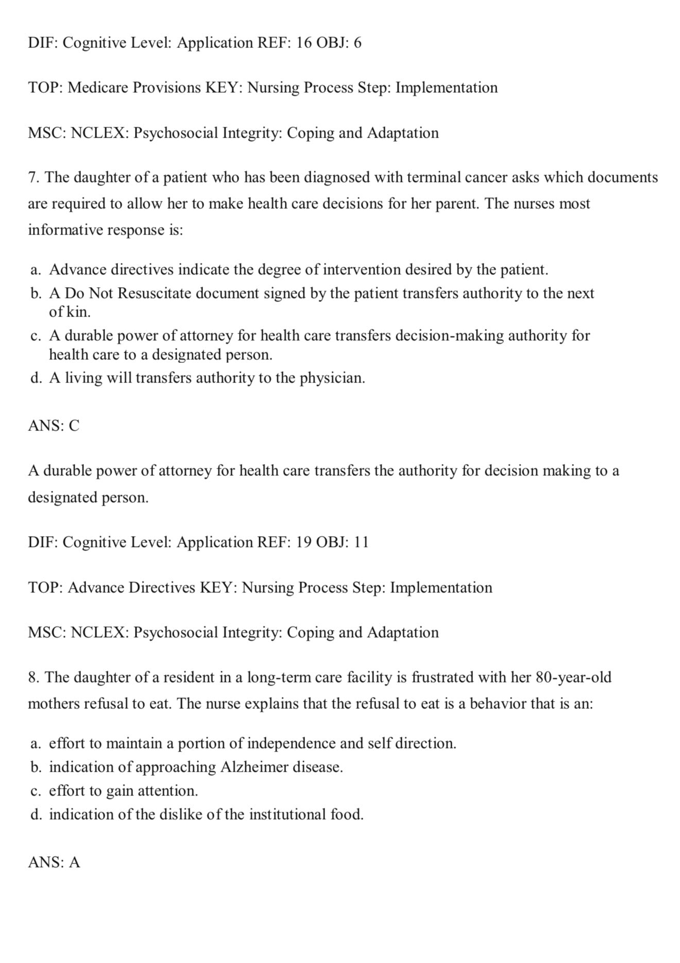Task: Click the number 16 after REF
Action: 304,43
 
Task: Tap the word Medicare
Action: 98,88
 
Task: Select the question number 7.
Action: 33,178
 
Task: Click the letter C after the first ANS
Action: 74,426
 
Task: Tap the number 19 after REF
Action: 304,542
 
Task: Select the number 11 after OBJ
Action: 361,542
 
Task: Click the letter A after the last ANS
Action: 75,862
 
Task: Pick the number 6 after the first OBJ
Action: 358,43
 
